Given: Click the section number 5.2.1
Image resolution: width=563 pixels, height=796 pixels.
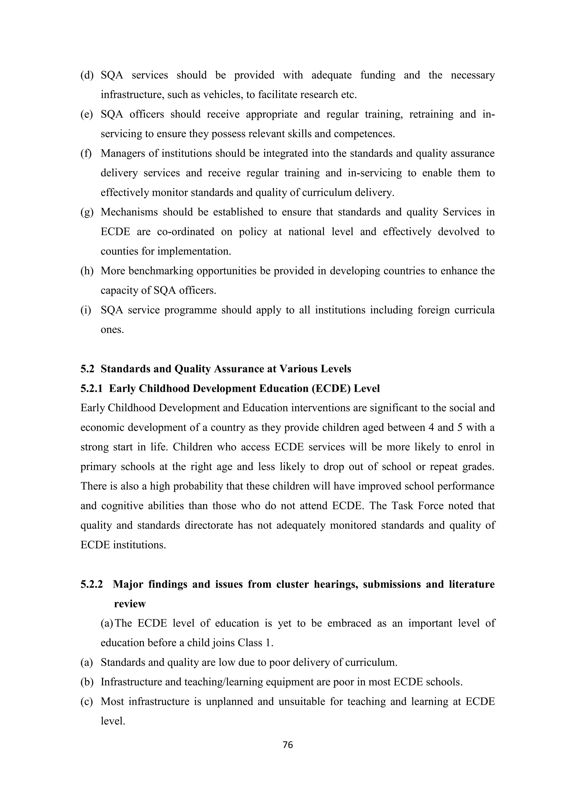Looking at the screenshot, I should (x=92, y=388).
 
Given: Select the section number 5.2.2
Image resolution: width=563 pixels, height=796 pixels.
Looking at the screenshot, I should (x=92, y=584).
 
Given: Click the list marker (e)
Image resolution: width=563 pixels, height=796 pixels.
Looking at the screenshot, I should (x=87, y=114).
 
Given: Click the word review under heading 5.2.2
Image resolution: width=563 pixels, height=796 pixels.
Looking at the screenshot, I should (x=130, y=604).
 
